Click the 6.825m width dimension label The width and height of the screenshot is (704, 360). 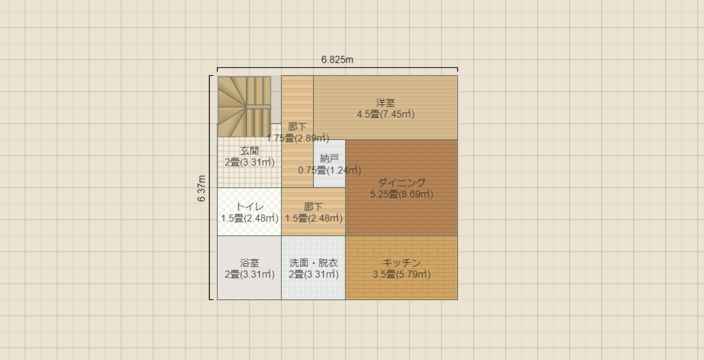click(337, 60)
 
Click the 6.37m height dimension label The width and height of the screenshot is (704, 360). click(202, 188)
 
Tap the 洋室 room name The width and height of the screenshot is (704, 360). click(386, 103)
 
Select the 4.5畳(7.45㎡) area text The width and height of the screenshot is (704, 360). click(386, 114)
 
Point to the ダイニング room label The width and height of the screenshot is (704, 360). click(402, 183)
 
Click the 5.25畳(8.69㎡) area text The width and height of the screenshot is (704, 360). click(402, 194)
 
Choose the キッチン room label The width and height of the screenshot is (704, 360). click(402, 263)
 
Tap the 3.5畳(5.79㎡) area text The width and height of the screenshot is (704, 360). click(402, 274)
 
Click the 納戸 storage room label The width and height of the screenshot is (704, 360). click(330, 159)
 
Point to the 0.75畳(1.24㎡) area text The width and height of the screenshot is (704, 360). click(330, 170)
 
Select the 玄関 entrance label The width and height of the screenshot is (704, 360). click(250, 151)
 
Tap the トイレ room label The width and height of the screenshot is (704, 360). click(250, 207)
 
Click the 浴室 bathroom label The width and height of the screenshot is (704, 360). click(250, 263)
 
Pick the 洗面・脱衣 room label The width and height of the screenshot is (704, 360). click(313, 263)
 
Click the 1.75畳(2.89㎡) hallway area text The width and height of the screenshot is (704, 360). click(298, 138)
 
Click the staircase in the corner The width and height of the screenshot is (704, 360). click(244, 106)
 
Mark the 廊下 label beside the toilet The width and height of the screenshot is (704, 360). click(313, 207)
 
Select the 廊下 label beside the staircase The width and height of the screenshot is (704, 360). click(298, 127)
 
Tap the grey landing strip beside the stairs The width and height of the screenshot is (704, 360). click(276, 100)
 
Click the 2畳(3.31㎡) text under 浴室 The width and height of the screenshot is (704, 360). click(250, 274)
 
